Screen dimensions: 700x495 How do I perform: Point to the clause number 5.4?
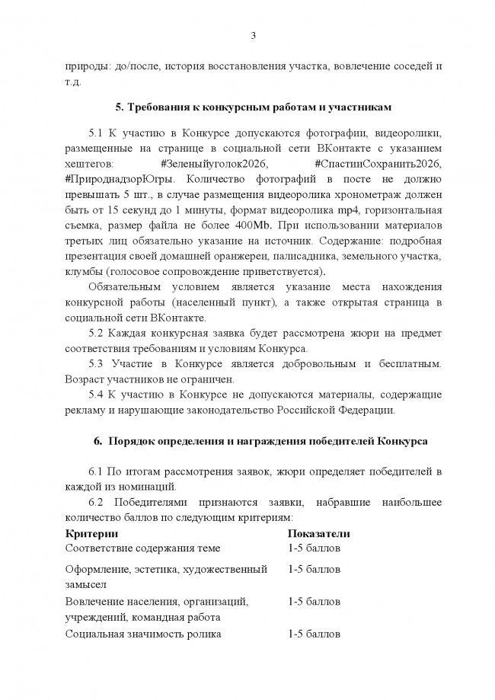coord(101,394)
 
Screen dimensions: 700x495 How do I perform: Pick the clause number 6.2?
coord(101,501)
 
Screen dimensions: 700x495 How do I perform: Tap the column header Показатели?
coord(318,532)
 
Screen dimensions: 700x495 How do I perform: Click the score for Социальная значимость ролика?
coord(314,633)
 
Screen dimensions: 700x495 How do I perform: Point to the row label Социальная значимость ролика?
coord(143,633)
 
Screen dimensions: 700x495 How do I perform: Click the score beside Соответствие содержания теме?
coord(314,548)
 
